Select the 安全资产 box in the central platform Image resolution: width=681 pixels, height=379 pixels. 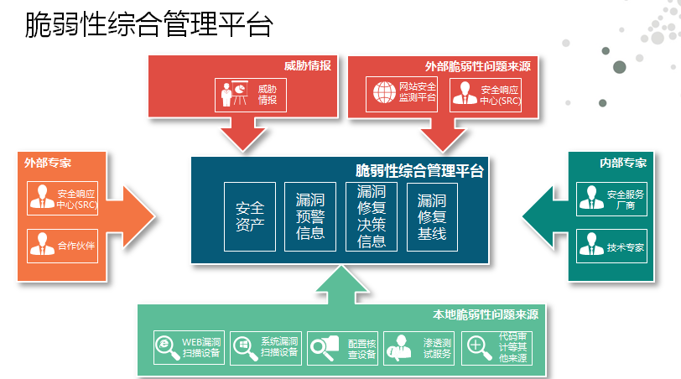[250, 215]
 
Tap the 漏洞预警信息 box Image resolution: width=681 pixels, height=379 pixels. [310, 215]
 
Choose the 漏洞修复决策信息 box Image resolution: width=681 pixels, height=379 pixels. [372, 215]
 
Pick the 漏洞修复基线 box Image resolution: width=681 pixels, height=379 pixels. [433, 215]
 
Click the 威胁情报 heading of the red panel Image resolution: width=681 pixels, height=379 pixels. [307, 65]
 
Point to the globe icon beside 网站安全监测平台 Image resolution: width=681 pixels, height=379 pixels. [383, 93]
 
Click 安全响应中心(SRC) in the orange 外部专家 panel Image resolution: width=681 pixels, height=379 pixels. [63, 198]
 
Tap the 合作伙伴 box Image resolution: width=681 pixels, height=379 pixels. [63, 247]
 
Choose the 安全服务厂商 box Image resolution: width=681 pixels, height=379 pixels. [612, 199]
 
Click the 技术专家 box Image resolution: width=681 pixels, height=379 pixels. [612, 247]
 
